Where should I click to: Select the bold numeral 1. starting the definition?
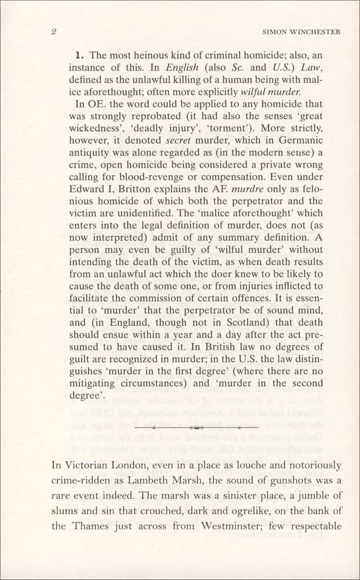click(81, 56)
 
